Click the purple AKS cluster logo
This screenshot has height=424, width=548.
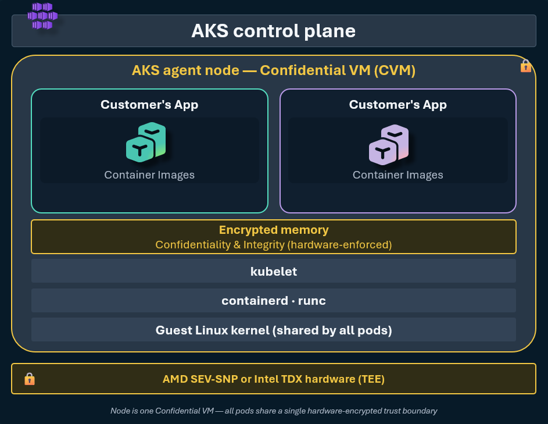tap(42, 16)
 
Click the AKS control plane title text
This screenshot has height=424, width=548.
tap(273, 31)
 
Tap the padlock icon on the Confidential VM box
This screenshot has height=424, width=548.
tap(526, 66)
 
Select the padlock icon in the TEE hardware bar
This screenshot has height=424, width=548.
tap(30, 379)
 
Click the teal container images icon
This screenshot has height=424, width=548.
tap(146, 142)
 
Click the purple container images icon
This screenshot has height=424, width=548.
tap(389, 144)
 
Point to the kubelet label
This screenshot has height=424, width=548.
tap(274, 272)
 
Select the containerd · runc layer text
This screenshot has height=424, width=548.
tap(274, 301)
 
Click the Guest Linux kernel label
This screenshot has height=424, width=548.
tap(274, 330)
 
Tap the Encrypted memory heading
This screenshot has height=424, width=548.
tap(274, 230)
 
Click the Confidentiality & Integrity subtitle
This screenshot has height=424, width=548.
tap(274, 244)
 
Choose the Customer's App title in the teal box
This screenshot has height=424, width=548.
tap(149, 105)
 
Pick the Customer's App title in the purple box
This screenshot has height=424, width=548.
tap(397, 105)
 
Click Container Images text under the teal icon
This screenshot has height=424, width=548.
tap(149, 174)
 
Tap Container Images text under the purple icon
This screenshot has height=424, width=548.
tap(397, 174)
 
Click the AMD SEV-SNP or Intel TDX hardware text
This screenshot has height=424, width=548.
tap(274, 379)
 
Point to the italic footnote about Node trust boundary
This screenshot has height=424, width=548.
tap(274, 411)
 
